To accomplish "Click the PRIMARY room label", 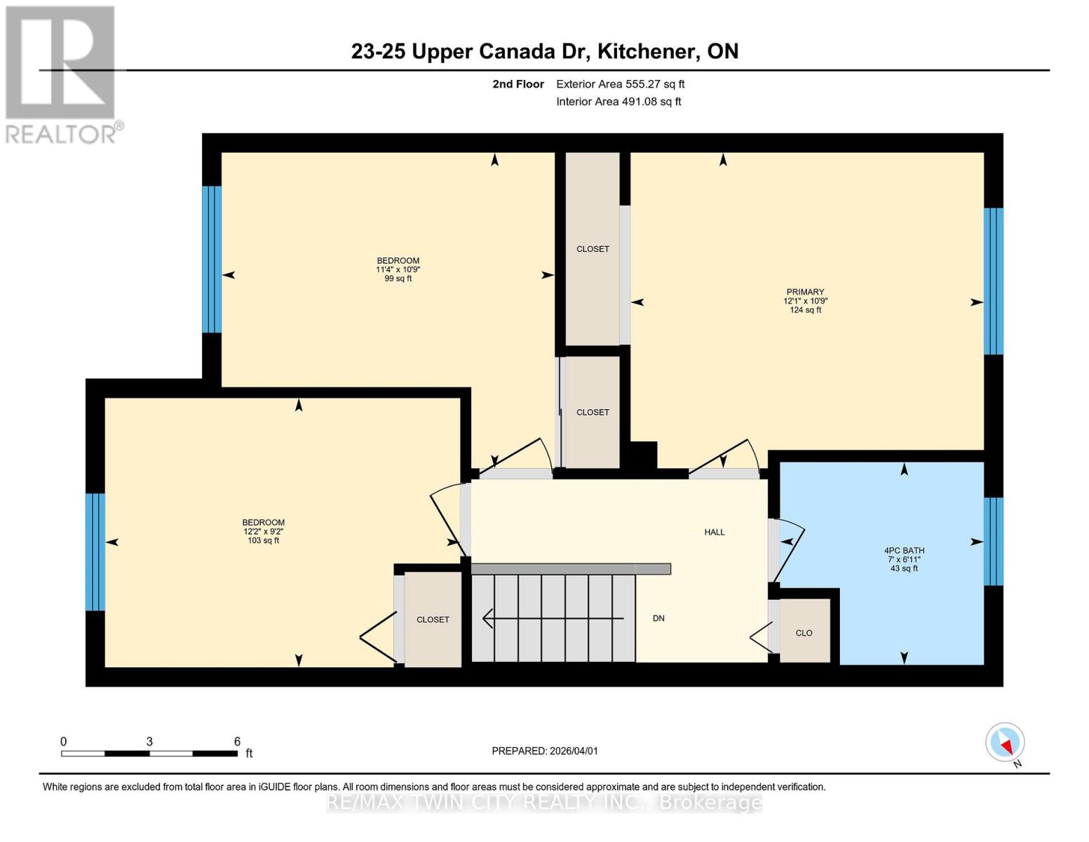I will point(805,292).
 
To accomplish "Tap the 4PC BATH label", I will point(904,551).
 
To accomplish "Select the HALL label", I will point(715,532).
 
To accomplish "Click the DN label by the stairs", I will point(658,618).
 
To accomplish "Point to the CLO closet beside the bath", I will point(804,632).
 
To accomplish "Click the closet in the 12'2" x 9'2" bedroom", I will point(433,620).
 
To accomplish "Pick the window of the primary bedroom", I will point(993,281).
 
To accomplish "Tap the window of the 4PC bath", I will point(993,541).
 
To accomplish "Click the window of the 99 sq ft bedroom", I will point(212,259).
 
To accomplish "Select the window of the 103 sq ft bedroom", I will point(95,552).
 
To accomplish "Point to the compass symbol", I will point(1006,742).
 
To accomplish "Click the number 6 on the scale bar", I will point(237,742).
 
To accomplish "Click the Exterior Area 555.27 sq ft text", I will point(620,84).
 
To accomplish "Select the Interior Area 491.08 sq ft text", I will point(618,102).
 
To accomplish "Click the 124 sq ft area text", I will point(805,310).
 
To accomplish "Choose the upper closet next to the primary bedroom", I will point(593,249).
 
